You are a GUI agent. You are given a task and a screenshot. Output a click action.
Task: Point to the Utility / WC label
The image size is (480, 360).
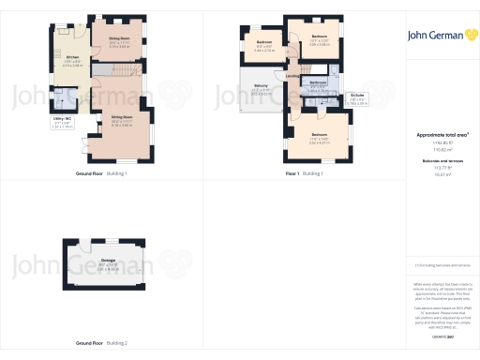pos(62,120)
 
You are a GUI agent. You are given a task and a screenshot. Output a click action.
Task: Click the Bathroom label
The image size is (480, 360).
pos(318,82)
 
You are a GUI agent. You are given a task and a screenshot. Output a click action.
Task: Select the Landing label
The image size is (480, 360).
pos(292,76)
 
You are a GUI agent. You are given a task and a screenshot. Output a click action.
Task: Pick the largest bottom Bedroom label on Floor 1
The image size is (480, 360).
pos(319,134)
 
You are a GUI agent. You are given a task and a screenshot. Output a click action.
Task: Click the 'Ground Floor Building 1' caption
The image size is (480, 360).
pos(101,173)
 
